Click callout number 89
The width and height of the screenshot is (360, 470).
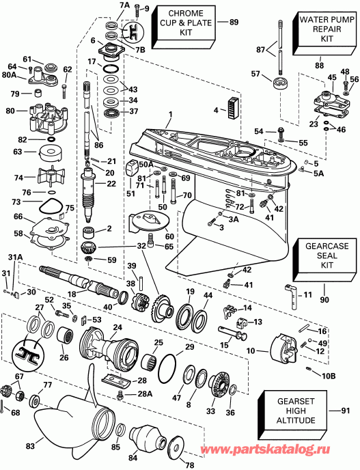(x=234, y=23)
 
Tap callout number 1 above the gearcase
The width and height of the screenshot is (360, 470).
(x=171, y=114)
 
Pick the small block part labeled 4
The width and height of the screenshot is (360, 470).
(x=234, y=106)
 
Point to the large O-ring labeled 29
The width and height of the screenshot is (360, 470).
(x=167, y=369)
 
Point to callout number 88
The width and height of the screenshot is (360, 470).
(x=318, y=66)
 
